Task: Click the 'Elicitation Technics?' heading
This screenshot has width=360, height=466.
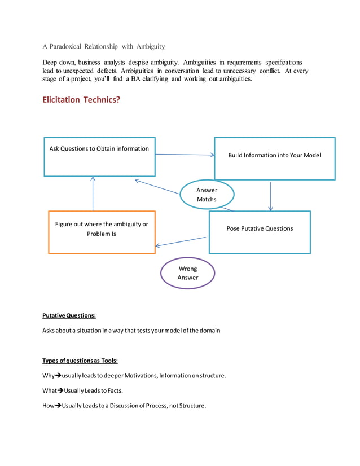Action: click(81, 100)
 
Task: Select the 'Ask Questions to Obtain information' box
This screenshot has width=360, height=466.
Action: click(99, 156)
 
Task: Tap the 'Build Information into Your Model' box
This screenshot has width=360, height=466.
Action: click(274, 158)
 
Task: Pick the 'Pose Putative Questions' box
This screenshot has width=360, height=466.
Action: click(260, 232)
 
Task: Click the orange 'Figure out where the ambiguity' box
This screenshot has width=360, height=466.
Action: click(102, 232)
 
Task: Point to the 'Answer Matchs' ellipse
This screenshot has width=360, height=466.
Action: click(207, 195)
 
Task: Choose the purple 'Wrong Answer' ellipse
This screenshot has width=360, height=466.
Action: click(188, 273)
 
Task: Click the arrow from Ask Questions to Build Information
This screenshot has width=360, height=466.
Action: click(185, 155)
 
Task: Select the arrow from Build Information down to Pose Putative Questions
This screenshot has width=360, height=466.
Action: click(271, 195)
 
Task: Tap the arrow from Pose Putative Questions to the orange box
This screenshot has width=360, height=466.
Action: click(181, 241)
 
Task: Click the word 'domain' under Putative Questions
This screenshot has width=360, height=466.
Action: click(209, 330)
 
